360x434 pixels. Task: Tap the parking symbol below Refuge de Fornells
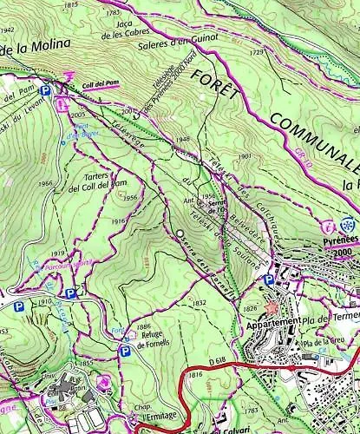126,351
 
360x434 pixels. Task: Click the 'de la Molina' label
30,51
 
